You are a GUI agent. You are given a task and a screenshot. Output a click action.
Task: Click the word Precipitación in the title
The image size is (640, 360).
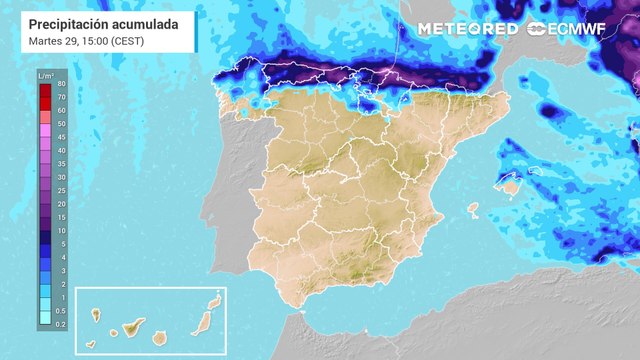coord(68,21)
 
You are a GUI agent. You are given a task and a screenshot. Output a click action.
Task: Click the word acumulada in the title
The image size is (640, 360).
coord(146,21)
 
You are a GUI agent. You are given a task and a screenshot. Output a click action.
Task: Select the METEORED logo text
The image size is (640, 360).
coord(467,29)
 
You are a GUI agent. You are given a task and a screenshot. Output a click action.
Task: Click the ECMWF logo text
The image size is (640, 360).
coord(580,29)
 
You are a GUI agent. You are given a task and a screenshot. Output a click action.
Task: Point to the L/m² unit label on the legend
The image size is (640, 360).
coord(46,75)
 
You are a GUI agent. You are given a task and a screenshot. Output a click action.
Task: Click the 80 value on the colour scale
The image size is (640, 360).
coord(62,85)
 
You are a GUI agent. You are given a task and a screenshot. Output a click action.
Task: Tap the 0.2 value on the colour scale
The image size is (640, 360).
coord(62,324)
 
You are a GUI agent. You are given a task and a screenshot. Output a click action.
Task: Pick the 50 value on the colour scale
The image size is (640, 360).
coord(62,123)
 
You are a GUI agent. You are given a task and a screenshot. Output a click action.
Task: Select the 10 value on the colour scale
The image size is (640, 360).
coord(62,229)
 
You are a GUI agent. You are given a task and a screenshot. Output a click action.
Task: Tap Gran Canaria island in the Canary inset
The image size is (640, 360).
coord(160,337)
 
